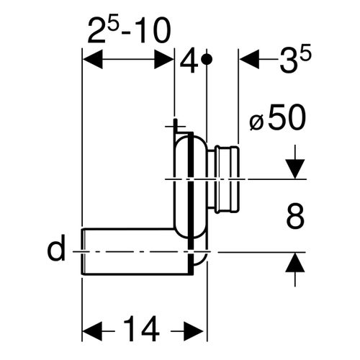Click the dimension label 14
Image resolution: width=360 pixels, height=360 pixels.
point(141,328)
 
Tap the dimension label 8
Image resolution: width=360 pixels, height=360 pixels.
point(295,215)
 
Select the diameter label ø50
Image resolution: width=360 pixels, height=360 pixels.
point(278,117)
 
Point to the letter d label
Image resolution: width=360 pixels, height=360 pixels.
point(56,248)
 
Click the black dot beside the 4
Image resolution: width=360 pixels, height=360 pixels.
point(207,59)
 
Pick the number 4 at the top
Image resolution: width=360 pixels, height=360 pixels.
point(189,60)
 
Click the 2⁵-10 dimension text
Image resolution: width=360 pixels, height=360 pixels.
point(129,30)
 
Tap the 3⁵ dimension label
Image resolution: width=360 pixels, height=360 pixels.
point(295,58)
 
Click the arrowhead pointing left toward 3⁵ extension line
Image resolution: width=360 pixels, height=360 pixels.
point(249,59)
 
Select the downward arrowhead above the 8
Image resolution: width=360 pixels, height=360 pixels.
point(295,168)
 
